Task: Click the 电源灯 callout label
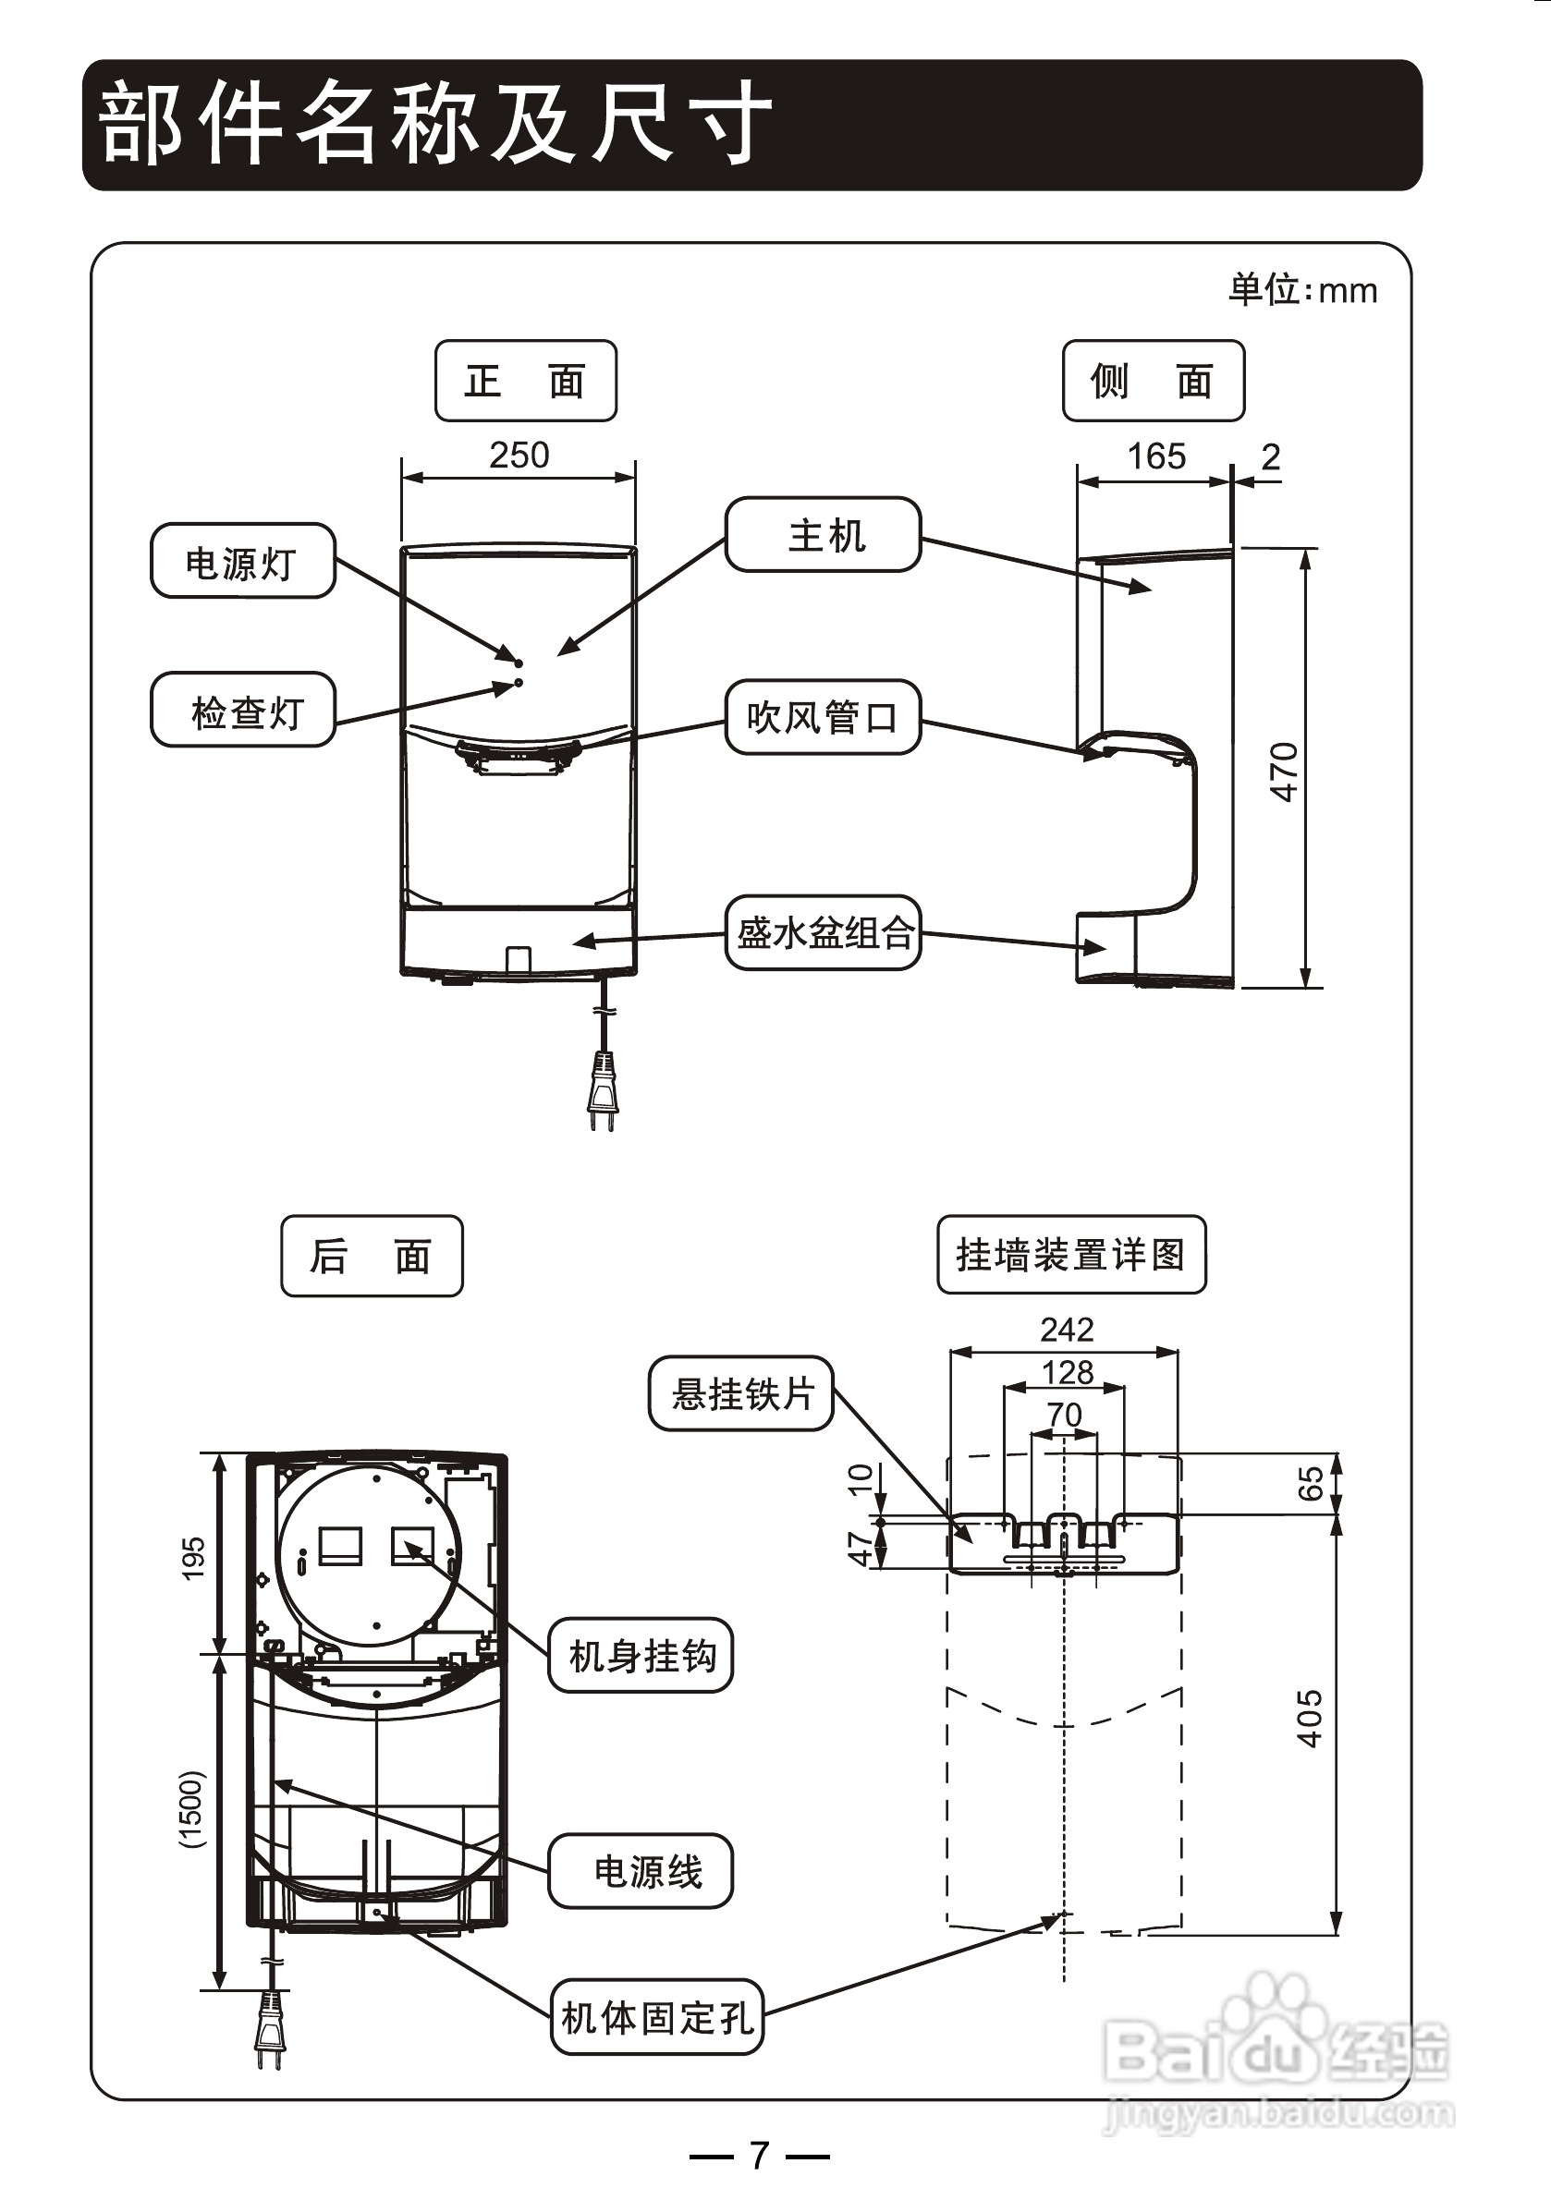point(242,562)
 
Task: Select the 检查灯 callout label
point(242,710)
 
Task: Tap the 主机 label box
point(824,535)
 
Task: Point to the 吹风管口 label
point(824,717)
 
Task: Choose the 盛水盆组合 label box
point(824,932)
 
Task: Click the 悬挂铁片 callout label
point(741,1393)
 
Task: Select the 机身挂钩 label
point(641,1655)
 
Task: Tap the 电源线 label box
point(641,1870)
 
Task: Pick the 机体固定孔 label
point(657,2017)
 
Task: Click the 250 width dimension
point(519,456)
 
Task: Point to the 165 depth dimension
point(1156,456)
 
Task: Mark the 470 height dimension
point(1284,772)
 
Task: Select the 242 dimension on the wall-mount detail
point(1067,1329)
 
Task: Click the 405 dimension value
point(1310,1719)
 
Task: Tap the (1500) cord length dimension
point(191,1809)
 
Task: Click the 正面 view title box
point(525,381)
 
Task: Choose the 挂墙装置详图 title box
point(1070,1254)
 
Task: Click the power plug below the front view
point(602,1088)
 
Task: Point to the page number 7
point(759,2156)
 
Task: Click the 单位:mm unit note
point(1302,289)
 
